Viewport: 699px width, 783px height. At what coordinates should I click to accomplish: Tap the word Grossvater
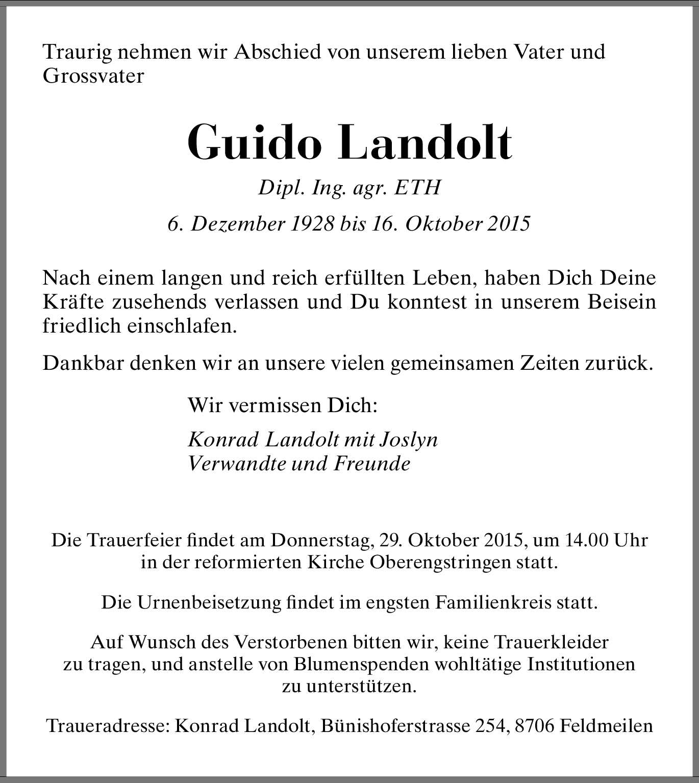[93, 77]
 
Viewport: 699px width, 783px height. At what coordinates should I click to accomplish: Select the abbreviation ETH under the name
[417, 188]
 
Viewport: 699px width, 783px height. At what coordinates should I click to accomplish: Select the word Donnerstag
[324, 540]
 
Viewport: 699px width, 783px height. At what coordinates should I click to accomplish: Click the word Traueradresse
[108, 725]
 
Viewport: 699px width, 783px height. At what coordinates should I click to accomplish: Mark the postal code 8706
[534, 725]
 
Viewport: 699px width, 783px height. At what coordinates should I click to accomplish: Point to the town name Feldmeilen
[606, 725]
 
